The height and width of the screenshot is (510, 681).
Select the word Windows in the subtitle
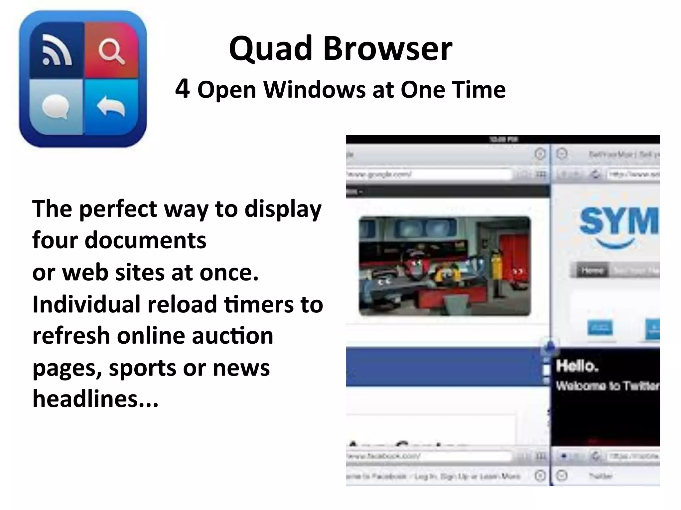coord(315,90)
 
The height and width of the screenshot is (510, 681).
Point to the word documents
coord(145,240)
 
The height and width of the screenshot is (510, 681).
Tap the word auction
coord(232,336)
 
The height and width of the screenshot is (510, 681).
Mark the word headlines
coord(95,399)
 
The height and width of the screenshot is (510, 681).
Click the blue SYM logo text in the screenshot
coord(618,221)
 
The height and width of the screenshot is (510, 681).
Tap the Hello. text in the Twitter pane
coord(577,366)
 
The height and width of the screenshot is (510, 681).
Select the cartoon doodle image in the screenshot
coord(445,266)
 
